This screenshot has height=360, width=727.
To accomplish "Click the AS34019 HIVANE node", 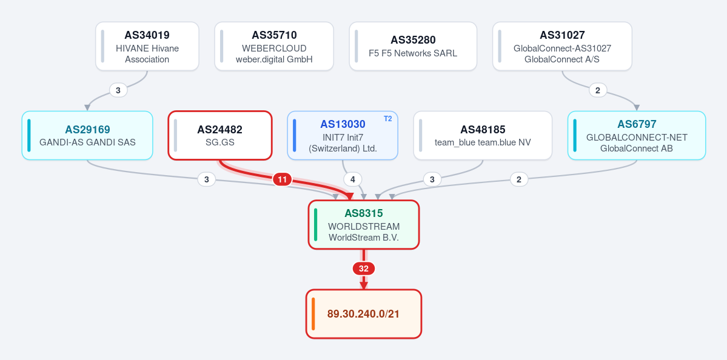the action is [147, 46].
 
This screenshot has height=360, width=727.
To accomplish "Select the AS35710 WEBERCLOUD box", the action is [274, 46].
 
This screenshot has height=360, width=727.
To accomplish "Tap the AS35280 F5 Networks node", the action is [413, 46].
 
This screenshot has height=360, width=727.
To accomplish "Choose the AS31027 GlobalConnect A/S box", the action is [562, 46].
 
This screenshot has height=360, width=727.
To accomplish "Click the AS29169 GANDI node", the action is [87, 135].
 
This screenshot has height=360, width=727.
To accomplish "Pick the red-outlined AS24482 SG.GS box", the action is [219, 135].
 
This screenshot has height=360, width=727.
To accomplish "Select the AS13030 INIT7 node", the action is [343, 135].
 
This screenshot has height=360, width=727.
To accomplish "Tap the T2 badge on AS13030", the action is [387, 119].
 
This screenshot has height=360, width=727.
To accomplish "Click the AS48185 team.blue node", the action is [483, 135].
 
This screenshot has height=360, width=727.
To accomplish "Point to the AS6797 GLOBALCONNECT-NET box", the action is [637, 135].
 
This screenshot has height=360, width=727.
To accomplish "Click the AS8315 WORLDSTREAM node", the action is [364, 225].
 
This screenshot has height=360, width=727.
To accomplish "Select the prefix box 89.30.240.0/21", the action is [364, 314].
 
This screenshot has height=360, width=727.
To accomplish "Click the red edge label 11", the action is [283, 179].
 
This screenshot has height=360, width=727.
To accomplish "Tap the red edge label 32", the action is [364, 268].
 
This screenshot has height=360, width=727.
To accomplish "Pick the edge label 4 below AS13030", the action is [352, 179].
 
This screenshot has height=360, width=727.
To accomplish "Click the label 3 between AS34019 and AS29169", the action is [118, 90].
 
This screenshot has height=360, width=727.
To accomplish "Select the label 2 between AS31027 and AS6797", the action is [598, 90].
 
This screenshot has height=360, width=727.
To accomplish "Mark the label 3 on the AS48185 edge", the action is [432, 179].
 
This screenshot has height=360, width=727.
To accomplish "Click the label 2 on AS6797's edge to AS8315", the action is [519, 179].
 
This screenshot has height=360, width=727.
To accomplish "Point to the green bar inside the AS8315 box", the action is [316, 225].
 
